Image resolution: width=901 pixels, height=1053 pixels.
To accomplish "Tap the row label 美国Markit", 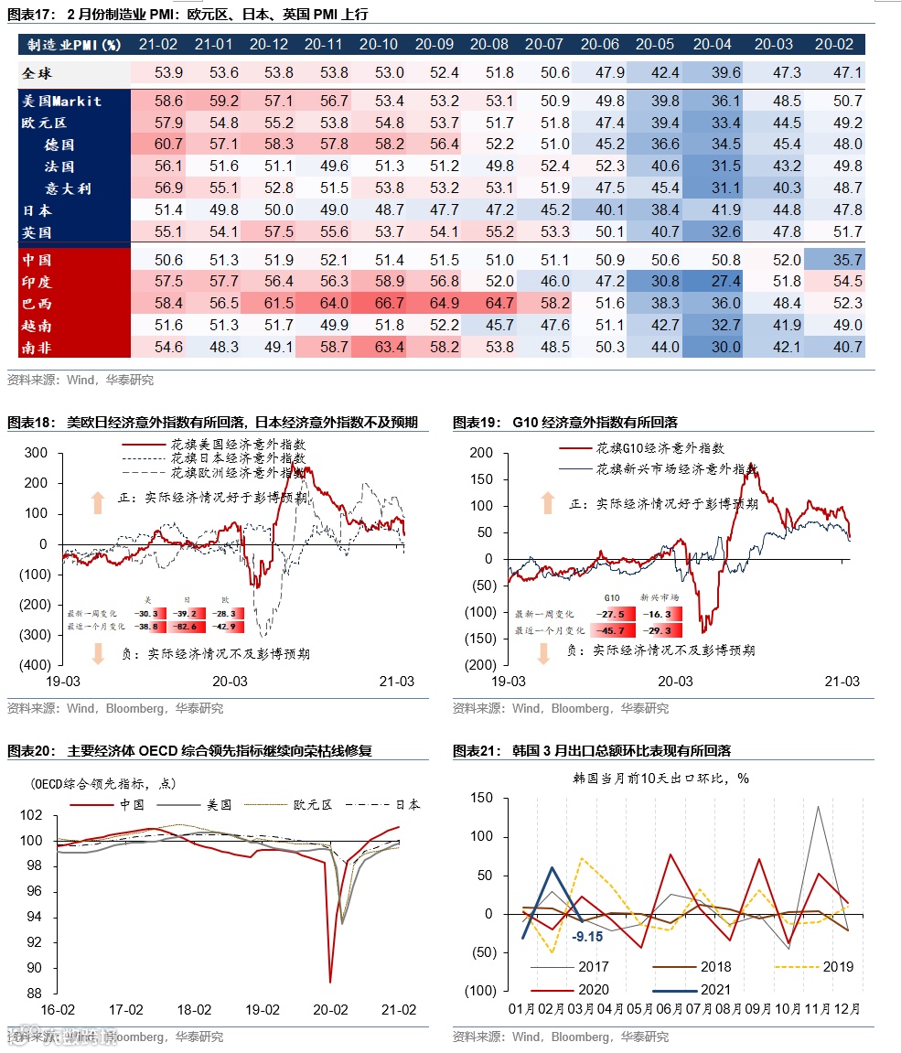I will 62,101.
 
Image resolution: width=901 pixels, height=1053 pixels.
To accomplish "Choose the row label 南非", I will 38,347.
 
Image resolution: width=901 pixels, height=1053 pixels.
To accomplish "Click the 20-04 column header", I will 712,44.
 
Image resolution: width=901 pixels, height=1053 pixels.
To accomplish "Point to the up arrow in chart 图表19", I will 548,502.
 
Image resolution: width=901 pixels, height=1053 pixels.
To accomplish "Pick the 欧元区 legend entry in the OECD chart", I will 311,805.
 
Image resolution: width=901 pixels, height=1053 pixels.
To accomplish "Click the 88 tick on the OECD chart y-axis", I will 35,994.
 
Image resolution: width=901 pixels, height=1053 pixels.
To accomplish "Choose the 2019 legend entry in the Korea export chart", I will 837,967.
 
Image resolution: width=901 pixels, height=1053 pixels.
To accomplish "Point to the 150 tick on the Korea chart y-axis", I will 481,798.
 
